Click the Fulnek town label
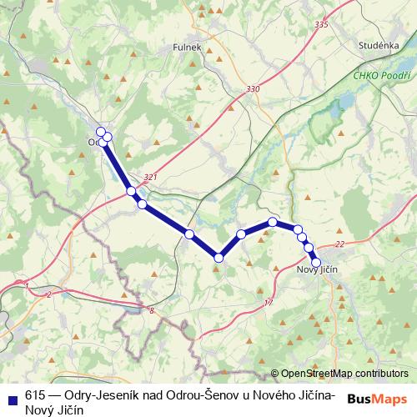point(188,48)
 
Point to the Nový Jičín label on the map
point(321,271)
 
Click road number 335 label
point(322,25)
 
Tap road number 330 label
point(254,89)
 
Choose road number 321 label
point(150,177)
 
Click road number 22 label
point(339,244)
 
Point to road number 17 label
point(268,302)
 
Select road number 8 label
point(152,310)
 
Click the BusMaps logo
point(377,398)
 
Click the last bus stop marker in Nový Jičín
point(316,263)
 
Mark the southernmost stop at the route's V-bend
point(219,259)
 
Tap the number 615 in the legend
point(35,395)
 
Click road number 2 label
point(49,294)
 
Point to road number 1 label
point(28,286)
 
